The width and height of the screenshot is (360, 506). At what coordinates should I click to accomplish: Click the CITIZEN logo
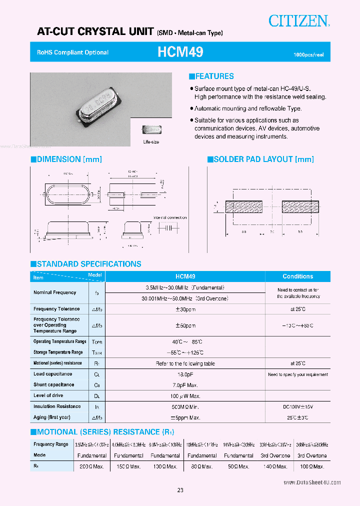298,21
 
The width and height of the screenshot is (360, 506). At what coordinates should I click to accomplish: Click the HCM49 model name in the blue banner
180,52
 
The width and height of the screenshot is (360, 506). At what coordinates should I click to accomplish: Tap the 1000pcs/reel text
308,54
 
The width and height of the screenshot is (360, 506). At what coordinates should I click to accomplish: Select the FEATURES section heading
211,76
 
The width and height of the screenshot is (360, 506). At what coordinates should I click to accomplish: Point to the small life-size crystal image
151,130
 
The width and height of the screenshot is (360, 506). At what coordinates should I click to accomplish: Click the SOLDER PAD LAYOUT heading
260,159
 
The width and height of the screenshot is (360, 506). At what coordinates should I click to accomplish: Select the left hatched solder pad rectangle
244,206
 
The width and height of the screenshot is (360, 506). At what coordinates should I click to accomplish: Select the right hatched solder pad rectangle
300,206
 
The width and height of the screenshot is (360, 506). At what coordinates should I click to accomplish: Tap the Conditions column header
297,276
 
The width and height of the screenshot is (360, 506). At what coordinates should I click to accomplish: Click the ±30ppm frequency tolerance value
185,309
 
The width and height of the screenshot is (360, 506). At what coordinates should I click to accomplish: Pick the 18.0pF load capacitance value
185,374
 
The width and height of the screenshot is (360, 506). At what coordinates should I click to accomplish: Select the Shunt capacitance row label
53,384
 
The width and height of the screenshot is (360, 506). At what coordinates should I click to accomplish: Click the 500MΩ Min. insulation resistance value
185,406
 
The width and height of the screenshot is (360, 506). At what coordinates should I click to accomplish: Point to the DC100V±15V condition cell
297,406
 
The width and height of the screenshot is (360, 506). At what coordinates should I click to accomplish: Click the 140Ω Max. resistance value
275,466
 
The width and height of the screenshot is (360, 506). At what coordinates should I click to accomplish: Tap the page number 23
180,490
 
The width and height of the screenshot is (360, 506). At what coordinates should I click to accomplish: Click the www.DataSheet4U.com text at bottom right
312,482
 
